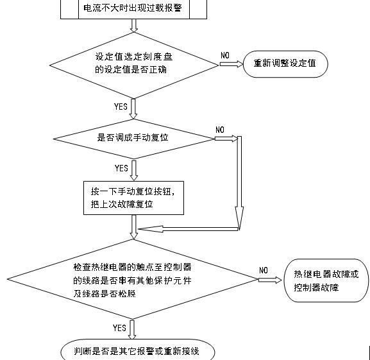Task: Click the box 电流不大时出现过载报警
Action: tap(134, 10)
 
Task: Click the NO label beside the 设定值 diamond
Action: tap(225, 56)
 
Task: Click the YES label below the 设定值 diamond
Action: tap(121, 107)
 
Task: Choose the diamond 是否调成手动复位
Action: tap(133, 138)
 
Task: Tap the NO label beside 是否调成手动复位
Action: tap(220, 130)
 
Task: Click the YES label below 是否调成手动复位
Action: tap(121, 168)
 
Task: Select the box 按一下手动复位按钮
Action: tap(134, 198)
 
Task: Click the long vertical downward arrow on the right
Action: tap(239, 183)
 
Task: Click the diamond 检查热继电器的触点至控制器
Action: tap(133, 280)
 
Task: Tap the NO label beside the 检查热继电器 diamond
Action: tap(264, 270)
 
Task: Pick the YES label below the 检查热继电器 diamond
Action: tap(119, 328)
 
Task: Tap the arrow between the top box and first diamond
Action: tap(133, 26)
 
